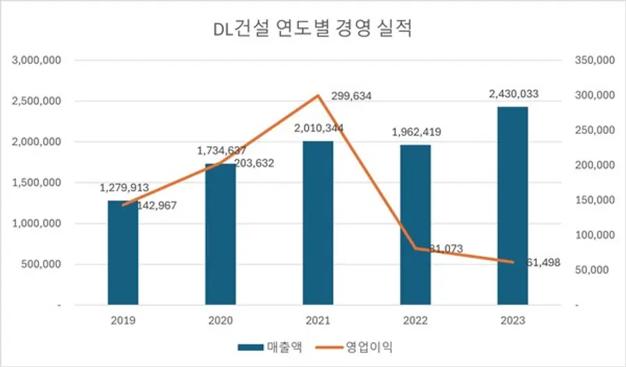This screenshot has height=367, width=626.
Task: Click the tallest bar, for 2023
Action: pyautogui.click(x=513, y=206)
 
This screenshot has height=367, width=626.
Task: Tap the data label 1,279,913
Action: pyautogui.click(x=123, y=188)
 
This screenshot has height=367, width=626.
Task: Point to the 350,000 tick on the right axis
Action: pyautogui.click(x=594, y=60)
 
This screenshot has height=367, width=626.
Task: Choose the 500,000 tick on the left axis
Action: pyautogui.click(x=42, y=265)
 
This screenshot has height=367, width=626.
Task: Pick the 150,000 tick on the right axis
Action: pyautogui.click(x=594, y=200)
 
